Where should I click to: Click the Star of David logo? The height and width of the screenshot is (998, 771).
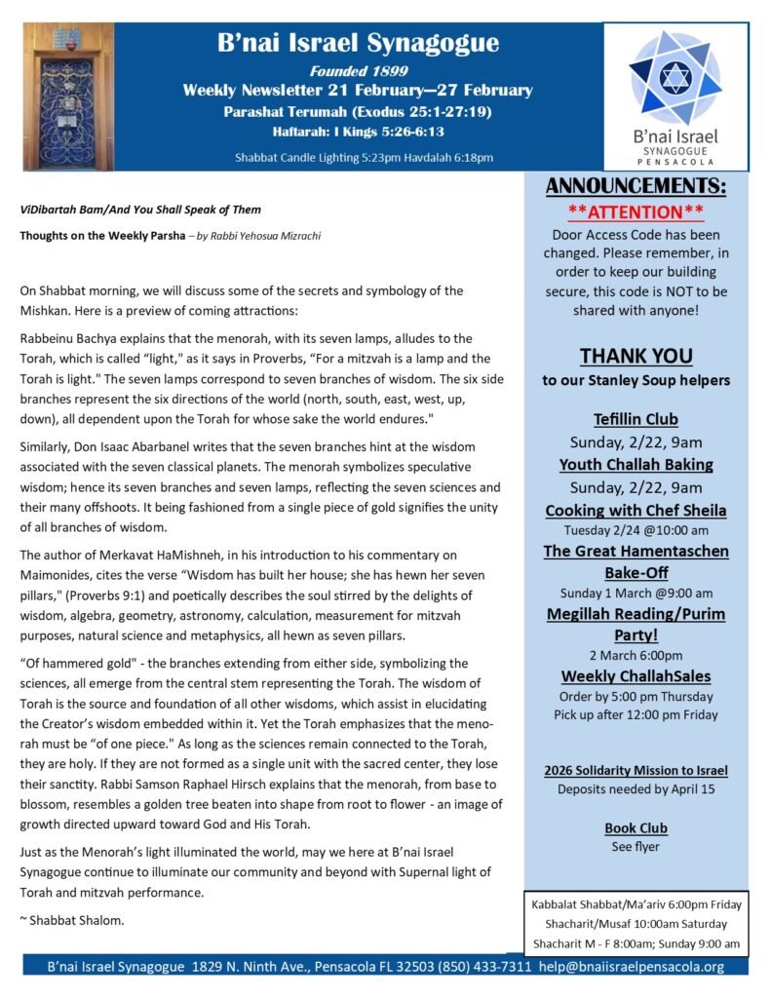(675, 78)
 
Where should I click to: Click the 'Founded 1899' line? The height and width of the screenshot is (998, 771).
(358, 71)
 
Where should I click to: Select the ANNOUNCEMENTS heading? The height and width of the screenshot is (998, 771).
(636, 187)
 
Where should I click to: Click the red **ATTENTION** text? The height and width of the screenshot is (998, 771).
(636, 211)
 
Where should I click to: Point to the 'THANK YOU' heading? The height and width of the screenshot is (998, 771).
(636, 355)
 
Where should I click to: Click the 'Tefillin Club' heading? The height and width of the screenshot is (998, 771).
(636, 420)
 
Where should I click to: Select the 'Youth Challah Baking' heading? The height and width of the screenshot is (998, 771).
(636, 464)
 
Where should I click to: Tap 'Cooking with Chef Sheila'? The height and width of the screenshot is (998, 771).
(636, 510)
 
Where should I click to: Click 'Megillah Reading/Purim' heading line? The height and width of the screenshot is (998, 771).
(636, 614)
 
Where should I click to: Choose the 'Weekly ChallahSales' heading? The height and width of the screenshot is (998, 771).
(636, 676)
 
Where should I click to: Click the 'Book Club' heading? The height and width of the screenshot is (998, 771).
(636, 828)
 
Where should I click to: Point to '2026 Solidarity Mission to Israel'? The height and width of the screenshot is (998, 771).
(636, 770)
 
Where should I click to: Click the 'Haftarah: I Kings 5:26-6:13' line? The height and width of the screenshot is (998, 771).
(358, 131)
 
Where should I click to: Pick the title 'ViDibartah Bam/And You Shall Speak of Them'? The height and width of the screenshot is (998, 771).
(140, 209)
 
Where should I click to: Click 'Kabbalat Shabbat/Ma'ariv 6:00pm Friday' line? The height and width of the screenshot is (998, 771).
(636, 904)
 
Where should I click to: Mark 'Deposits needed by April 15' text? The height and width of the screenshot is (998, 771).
(636, 788)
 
